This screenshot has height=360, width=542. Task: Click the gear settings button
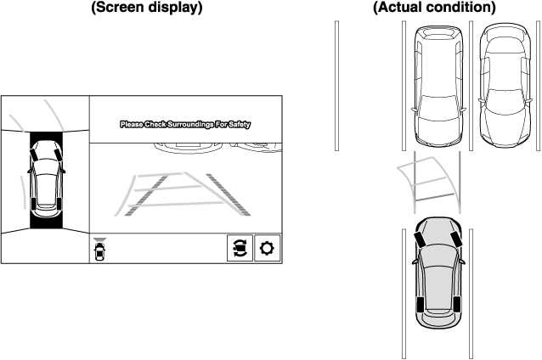pyautogui.click(x=267, y=248)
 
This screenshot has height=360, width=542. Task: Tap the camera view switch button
pyautogui.click(x=240, y=248)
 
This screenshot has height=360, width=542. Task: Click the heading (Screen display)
pyautogui.click(x=147, y=7)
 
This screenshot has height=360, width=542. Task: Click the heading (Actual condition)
pyautogui.click(x=434, y=7)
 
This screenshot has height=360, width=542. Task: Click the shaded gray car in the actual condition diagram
pyautogui.click(x=438, y=273)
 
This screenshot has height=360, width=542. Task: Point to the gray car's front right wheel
pyautogui.click(x=456, y=239)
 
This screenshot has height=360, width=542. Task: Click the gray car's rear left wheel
pyautogui.click(x=421, y=304)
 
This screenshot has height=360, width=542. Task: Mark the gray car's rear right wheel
pyautogui.click(x=456, y=304)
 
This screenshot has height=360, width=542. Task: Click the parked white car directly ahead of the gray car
pyautogui.click(x=438, y=86)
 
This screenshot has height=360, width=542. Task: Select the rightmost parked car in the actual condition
pyautogui.click(x=505, y=86)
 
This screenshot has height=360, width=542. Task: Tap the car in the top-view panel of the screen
pyautogui.click(x=47, y=179)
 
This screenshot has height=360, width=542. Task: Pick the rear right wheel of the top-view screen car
pyautogui.click(x=59, y=203)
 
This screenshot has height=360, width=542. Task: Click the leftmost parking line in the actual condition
pyautogui.click(x=336, y=86)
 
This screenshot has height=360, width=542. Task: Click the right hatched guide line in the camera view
pyautogui.click(x=229, y=194)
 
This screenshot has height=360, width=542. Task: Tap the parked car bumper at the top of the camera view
pyautogui.click(x=188, y=148)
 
